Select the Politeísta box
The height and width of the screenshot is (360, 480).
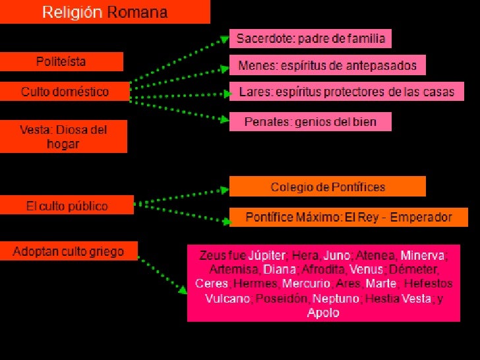click(61, 62)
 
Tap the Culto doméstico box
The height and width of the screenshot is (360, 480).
click(65, 91)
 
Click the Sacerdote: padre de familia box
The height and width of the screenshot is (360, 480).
click(310, 39)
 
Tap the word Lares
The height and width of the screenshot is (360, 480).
click(253, 92)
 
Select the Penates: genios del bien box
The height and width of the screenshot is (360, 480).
click(310, 121)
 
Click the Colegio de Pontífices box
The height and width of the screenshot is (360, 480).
click(328, 187)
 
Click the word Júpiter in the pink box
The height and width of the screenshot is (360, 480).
click(268, 255)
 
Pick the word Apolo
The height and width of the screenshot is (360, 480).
click(323, 313)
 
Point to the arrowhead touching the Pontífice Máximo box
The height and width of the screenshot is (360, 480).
click(224, 220)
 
